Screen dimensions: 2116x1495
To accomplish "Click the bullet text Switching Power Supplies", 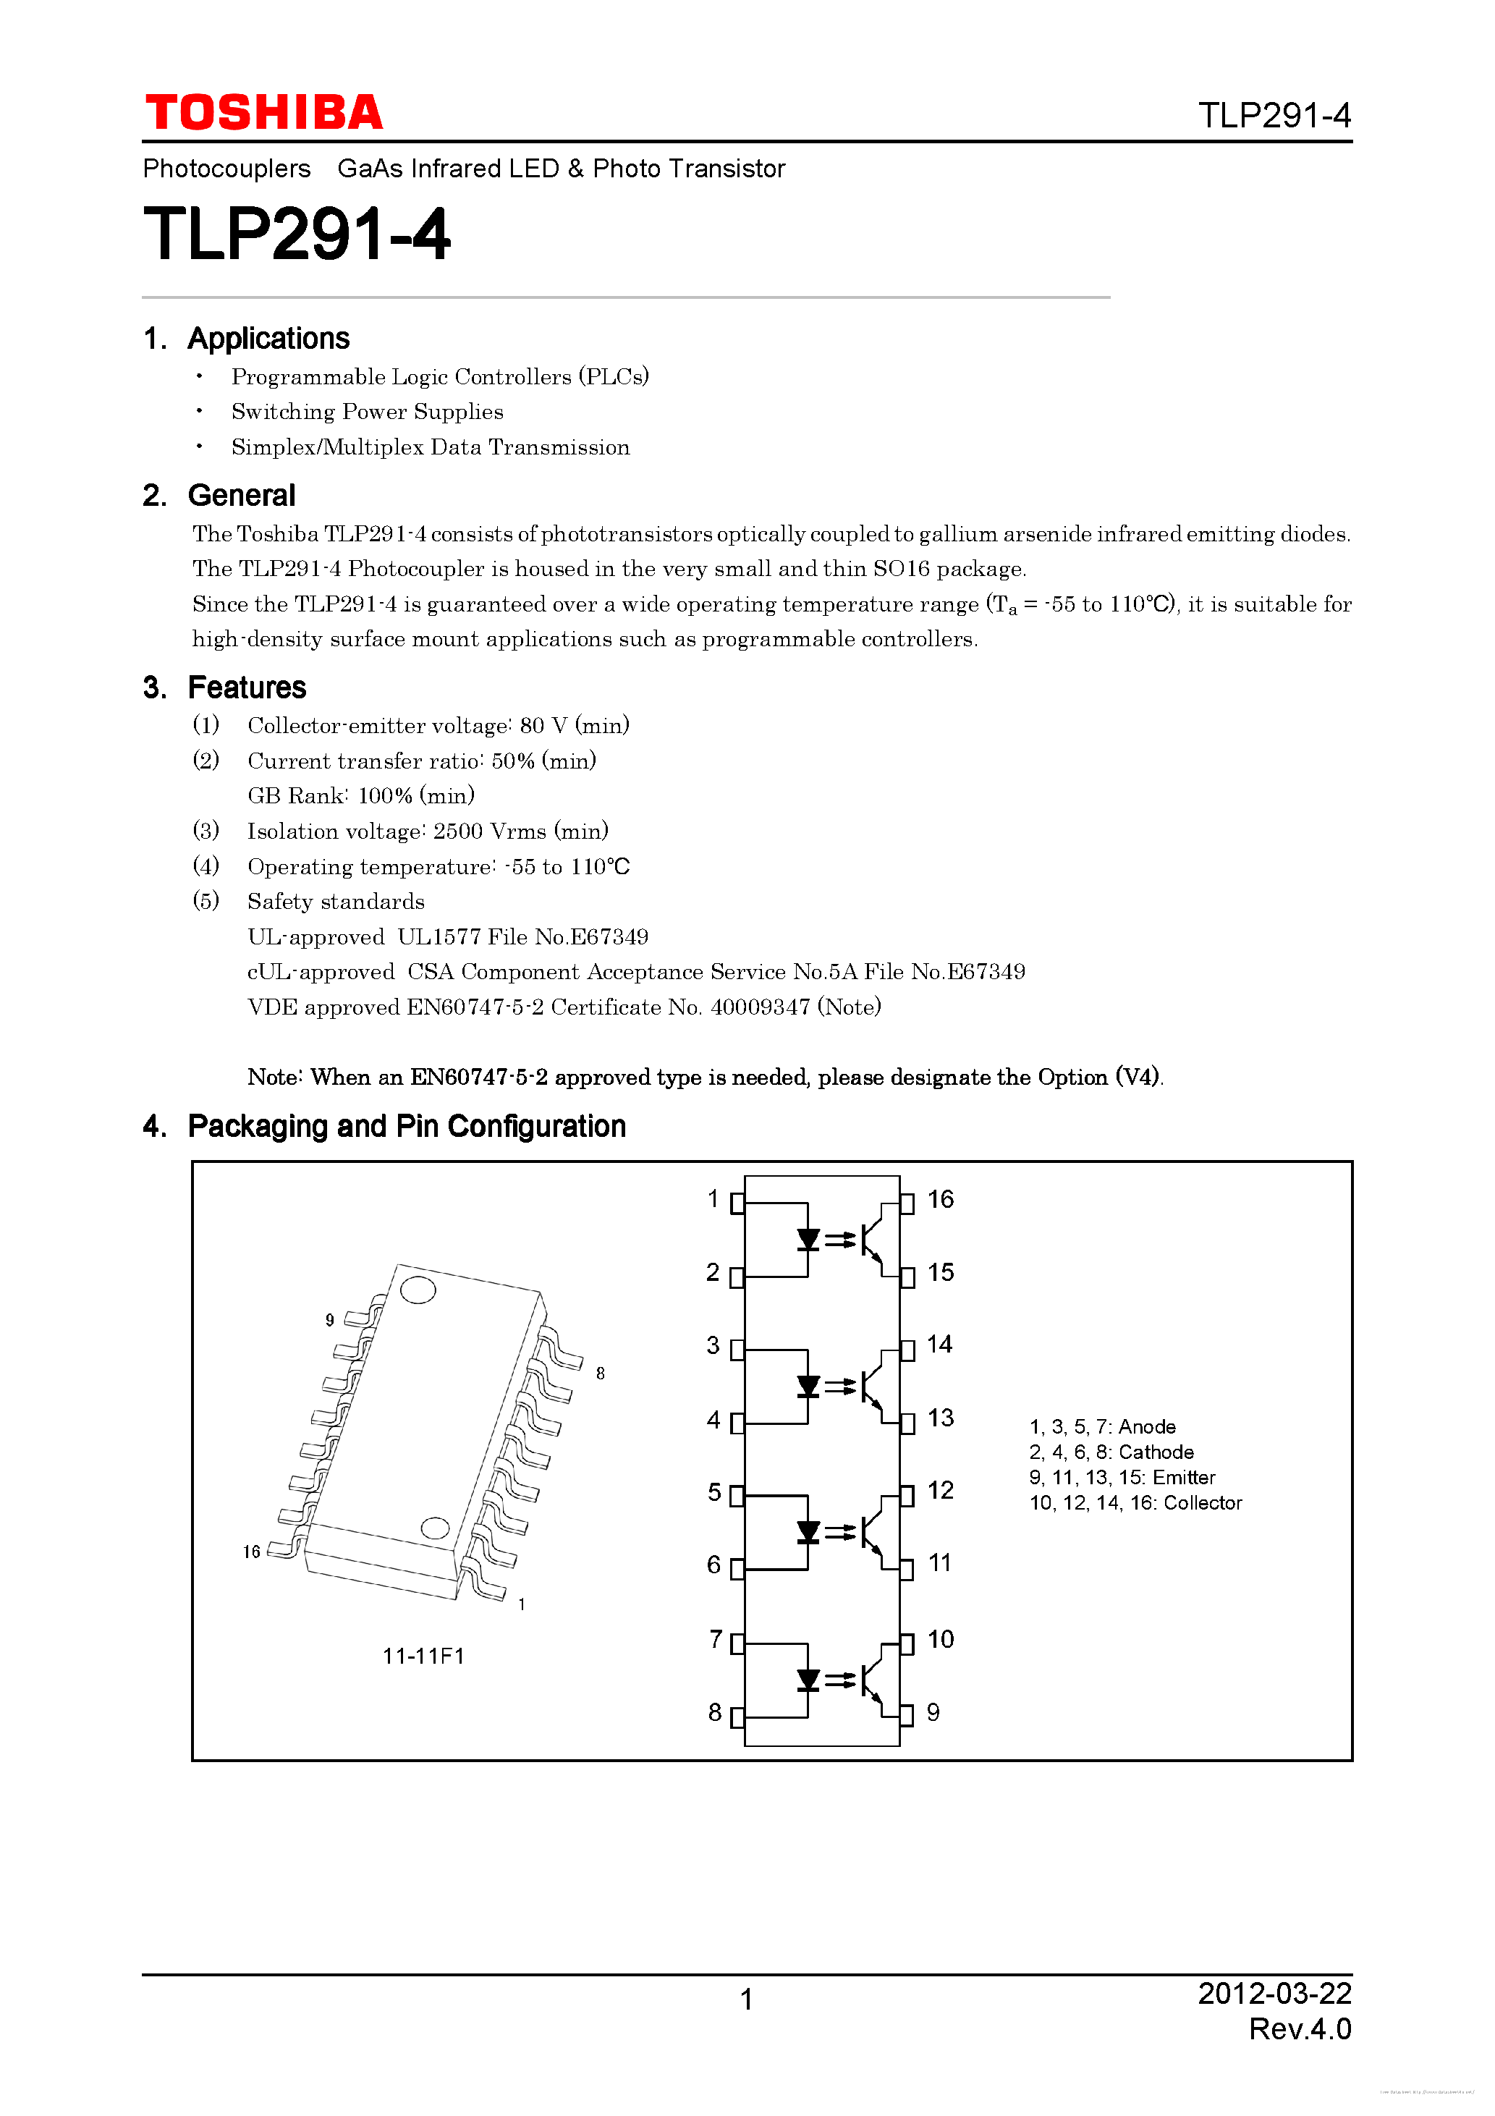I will (x=367, y=412).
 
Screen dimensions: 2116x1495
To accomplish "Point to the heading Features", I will (x=246, y=687).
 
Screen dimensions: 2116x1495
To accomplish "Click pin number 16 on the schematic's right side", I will (x=940, y=1199).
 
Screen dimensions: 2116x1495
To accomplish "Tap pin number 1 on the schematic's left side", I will (x=713, y=1198).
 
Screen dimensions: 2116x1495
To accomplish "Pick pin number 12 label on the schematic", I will (x=940, y=1490).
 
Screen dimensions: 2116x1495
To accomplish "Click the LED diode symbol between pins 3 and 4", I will (x=808, y=1386).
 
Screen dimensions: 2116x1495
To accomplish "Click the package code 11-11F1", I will (x=423, y=1656).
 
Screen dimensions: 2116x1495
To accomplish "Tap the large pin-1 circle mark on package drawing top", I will (x=418, y=1290).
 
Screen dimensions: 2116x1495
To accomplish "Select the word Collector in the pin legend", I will (x=1202, y=1503).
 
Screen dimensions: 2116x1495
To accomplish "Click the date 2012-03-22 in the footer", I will (x=1274, y=1994).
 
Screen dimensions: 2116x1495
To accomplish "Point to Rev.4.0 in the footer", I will (x=1300, y=2029).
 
